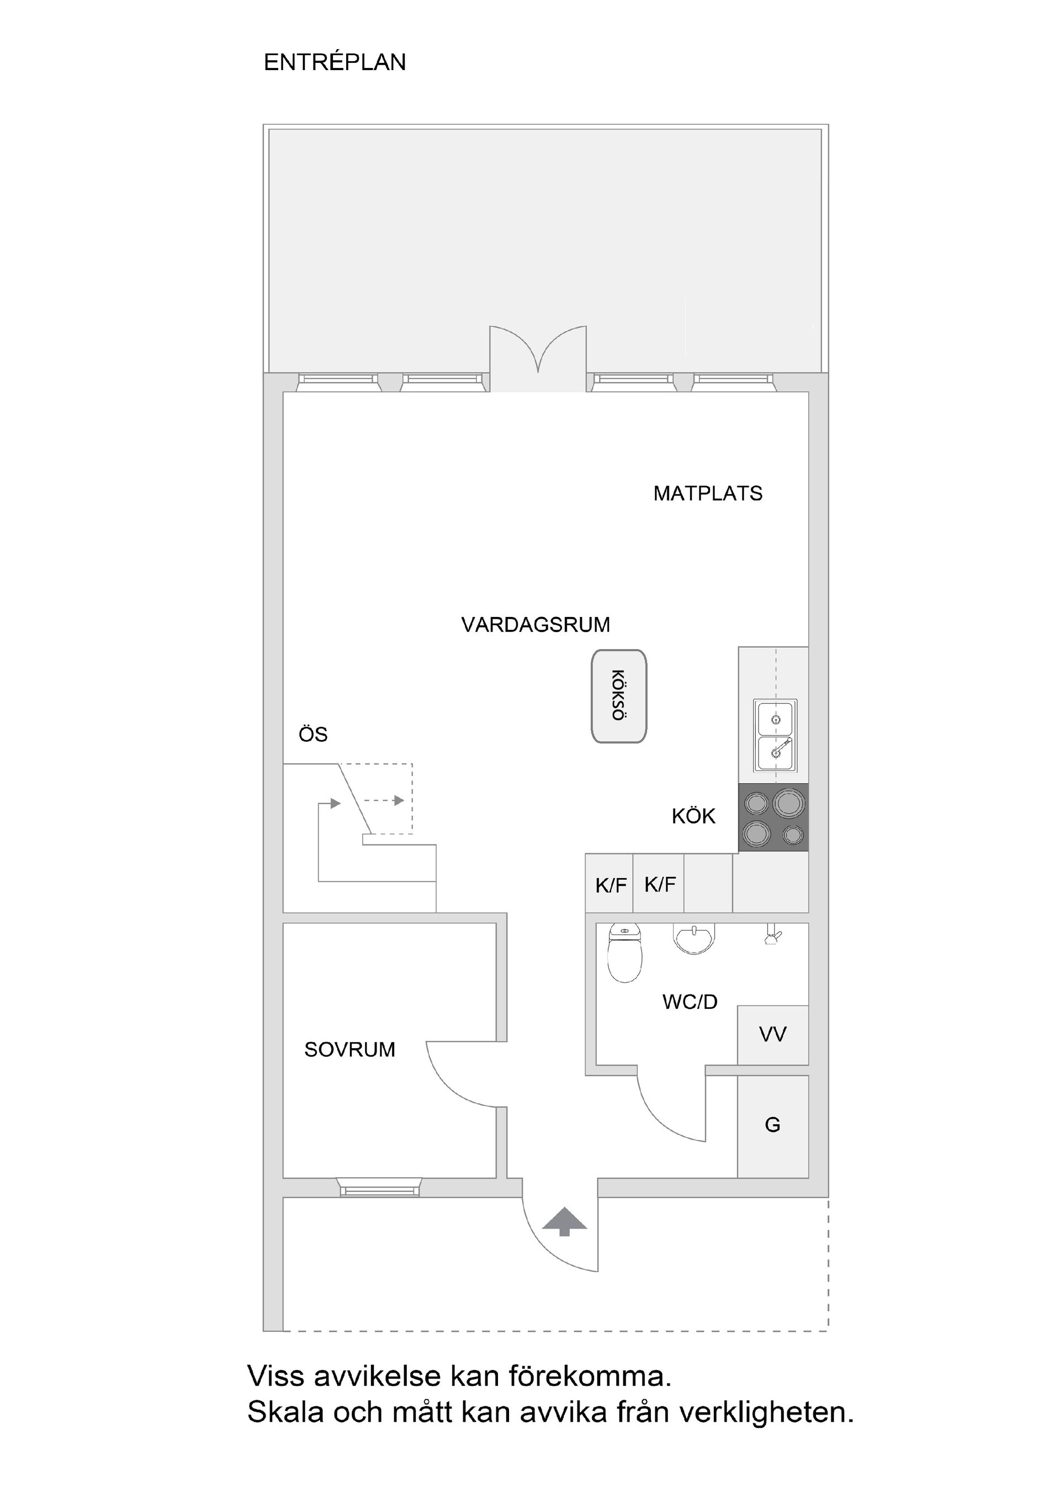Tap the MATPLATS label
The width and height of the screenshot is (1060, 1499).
click(707, 493)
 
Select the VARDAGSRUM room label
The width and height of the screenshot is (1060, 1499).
click(535, 625)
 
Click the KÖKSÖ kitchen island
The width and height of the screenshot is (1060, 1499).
click(618, 696)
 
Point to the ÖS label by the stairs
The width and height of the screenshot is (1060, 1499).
click(313, 735)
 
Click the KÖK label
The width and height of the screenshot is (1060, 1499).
click(693, 816)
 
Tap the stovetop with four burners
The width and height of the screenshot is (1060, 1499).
click(773, 817)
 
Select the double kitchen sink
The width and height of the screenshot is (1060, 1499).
click(775, 735)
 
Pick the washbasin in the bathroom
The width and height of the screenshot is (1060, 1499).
click(695, 938)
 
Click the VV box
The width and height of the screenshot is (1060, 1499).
click(772, 1034)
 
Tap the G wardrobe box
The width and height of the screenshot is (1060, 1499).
click(772, 1125)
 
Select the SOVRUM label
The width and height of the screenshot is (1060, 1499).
click(349, 1050)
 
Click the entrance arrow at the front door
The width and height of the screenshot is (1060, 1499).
click(564, 1221)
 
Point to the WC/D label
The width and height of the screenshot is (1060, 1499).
click(690, 1002)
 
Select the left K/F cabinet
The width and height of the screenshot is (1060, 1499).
click(610, 885)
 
